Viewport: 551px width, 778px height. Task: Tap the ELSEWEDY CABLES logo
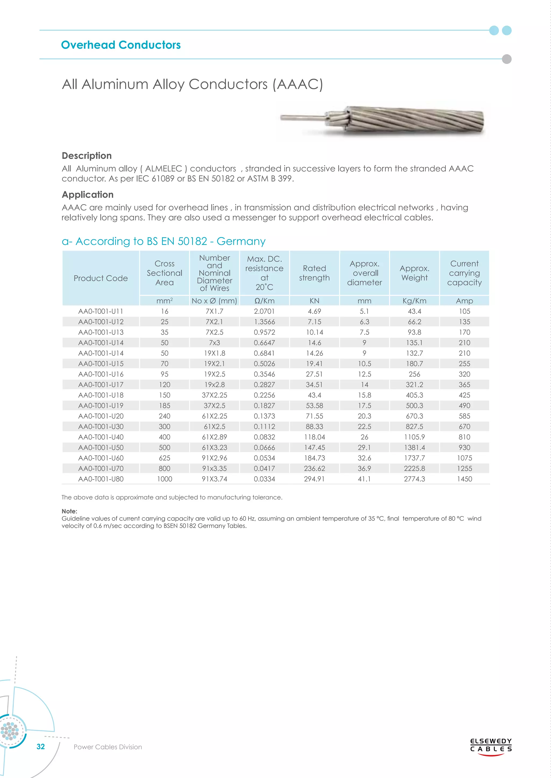pyautogui.click(x=491, y=745)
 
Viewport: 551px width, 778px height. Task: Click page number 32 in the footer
pyautogui.click(x=41, y=747)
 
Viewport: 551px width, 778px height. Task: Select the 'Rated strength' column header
pyautogui.click(x=314, y=273)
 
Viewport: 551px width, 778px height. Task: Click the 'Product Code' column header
pyautogui.click(x=101, y=278)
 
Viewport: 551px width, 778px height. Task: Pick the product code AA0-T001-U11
pyautogui.click(x=101, y=311)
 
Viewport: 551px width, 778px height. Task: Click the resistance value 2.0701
pyautogui.click(x=264, y=311)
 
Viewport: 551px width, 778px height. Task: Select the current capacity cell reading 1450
pyautogui.click(x=464, y=479)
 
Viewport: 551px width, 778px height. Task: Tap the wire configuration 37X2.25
pyautogui.click(x=214, y=395)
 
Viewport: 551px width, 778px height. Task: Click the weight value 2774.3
pyautogui.click(x=414, y=479)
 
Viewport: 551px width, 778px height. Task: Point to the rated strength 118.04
pyautogui.click(x=314, y=437)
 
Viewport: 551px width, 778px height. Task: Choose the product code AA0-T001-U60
pyautogui.click(x=101, y=458)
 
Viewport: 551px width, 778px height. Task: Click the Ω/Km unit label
pyautogui.click(x=264, y=301)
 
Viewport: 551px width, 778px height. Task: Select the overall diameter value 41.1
pyautogui.click(x=364, y=479)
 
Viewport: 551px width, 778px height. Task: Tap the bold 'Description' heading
pyautogui.click(x=87, y=156)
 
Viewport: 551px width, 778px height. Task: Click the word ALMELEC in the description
pyautogui.click(x=164, y=169)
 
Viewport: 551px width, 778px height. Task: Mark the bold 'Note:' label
pyautogui.click(x=69, y=511)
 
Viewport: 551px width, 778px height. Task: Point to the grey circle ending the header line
pyautogui.click(x=506, y=59)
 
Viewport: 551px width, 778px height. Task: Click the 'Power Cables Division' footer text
pyautogui.click(x=108, y=747)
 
